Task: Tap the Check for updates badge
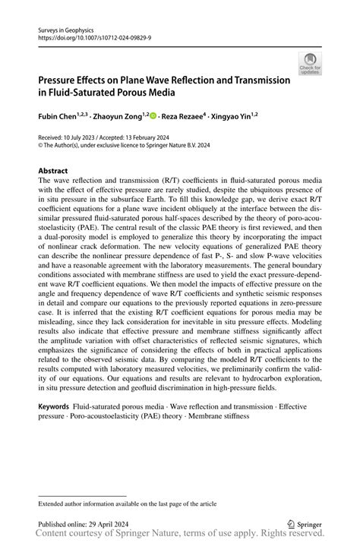(x=310, y=64)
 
